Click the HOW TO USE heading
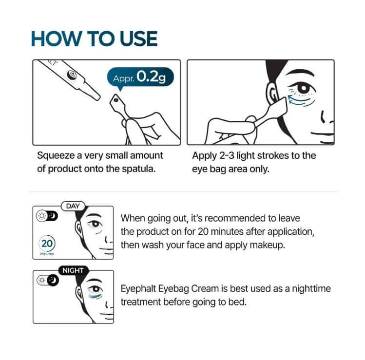pyautogui.click(x=94, y=38)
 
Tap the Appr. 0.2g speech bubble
pyautogui.click(x=140, y=77)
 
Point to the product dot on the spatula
pyautogui.click(x=115, y=100)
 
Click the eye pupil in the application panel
pyautogui.click(x=304, y=88)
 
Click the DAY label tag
pyautogui.click(x=73, y=206)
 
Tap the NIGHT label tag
pyautogui.click(x=73, y=270)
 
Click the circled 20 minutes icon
pyautogui.click(x=47, y=244)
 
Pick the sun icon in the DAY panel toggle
pyautogui.click(x=42, y=216)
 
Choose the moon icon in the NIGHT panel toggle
pyautogui.click(x=53, y=280)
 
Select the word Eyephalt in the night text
pyautogui.click(x=138, y=289)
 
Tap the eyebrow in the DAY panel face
pyautogui.click(x=94, y=215)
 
